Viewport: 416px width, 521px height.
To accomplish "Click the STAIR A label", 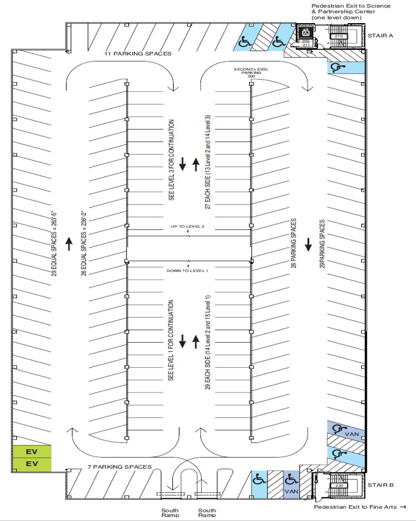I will tap(381, 36).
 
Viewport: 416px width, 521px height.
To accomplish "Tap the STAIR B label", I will tap(381, 485).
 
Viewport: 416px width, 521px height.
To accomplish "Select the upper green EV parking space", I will tap(31, 452).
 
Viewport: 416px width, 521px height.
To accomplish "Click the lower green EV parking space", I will tap(31, 464).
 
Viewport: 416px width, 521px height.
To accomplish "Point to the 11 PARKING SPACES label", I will tap(138, 54).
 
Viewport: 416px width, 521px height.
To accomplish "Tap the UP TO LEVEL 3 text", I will tap(189, 226).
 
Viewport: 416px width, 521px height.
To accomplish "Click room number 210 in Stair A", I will tap(339, 37).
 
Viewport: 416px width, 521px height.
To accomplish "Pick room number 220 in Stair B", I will tap(339, 485).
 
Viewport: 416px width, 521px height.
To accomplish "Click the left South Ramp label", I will tap(169, 512).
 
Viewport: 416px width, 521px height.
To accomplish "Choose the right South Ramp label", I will tap(207, 512).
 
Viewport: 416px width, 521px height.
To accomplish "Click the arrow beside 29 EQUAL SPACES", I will tap(69, 244).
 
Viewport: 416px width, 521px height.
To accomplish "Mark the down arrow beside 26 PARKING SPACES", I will tap(308, 244).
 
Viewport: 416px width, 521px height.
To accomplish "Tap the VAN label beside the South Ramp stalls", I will tap(291, 491).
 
